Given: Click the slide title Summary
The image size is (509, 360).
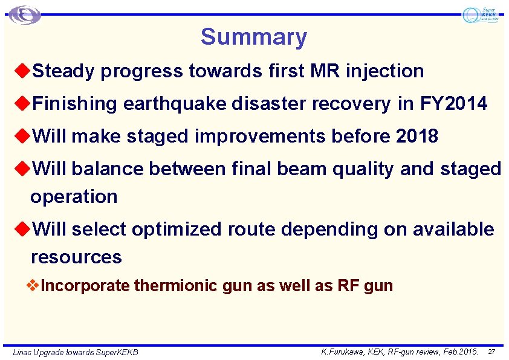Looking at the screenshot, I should coord(254,37).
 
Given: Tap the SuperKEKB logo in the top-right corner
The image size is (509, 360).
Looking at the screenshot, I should coord(480,15).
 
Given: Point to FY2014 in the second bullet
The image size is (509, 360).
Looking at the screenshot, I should coord(453,104).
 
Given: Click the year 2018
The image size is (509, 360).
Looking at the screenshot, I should coord(417,137).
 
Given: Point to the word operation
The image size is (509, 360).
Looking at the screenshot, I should coord(74,197).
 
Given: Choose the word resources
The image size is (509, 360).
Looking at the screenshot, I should coord(76,257).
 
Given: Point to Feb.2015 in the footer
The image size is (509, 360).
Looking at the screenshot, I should coord(459,351).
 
